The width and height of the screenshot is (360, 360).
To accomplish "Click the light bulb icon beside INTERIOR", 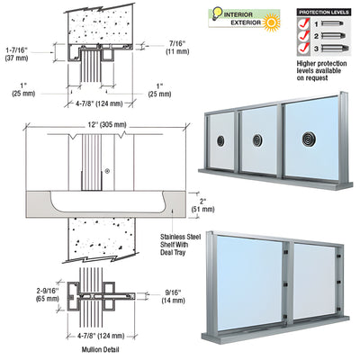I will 214,14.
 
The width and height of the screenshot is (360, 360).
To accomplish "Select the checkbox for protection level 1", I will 304,26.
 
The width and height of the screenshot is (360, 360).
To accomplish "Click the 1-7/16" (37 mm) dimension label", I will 22,55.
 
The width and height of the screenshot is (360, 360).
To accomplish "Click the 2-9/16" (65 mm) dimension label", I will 22,295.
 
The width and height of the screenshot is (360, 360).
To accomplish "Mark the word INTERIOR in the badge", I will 240,12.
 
